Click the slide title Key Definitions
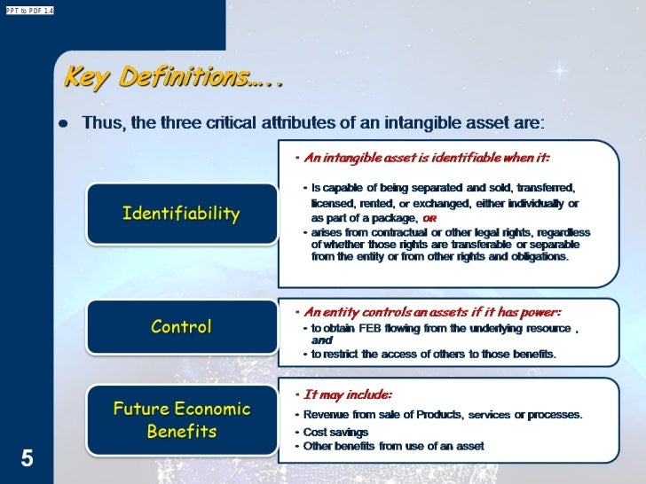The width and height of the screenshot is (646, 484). pos(173,78)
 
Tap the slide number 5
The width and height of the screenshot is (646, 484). pos(28,458)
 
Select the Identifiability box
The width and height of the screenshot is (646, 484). pos(181,214)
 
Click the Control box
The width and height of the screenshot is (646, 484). pos(181,326)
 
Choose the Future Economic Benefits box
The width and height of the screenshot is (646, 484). pos(181,420)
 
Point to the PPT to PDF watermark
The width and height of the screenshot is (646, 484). pos(28,10)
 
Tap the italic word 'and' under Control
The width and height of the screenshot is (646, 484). pos(322,340)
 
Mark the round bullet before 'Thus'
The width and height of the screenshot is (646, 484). pos(63,123)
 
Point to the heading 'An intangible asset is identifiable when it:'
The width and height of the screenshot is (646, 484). pos(426,159)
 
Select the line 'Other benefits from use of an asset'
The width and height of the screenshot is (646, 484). pos(393,446)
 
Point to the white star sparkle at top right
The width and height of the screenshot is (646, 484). pos(559,70)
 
